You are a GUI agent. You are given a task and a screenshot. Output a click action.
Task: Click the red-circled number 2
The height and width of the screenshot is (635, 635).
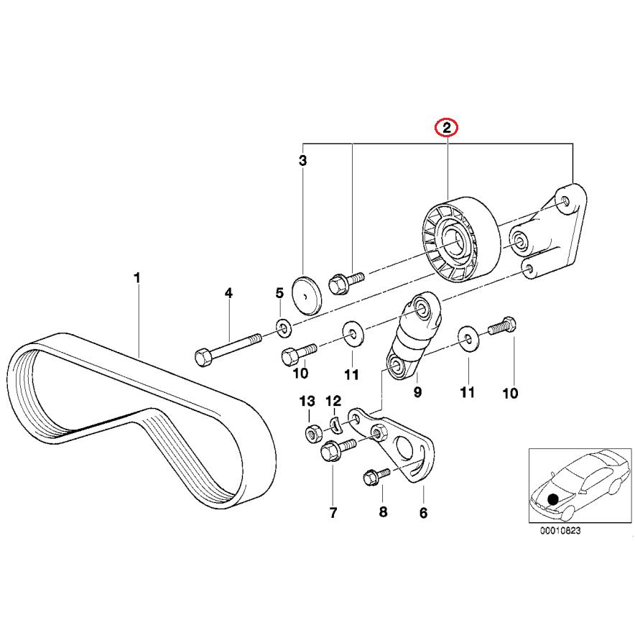coord(447,129)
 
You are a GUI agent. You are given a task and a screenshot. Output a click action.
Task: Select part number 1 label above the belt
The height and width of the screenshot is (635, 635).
coord(137,277)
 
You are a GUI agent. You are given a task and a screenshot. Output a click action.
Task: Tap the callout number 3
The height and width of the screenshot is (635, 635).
coord(302,161)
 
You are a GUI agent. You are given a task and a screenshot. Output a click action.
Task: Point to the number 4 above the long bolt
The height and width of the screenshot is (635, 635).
coord(228,293)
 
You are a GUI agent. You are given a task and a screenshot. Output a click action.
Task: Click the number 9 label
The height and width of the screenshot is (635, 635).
coord(417,392)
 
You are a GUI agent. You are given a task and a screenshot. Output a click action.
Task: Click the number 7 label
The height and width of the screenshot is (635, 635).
coord(333,513)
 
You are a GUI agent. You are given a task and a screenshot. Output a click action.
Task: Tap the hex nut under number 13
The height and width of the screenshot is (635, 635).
coord(312,434)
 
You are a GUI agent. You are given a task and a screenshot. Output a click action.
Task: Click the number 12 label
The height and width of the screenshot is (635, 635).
coord(333,401)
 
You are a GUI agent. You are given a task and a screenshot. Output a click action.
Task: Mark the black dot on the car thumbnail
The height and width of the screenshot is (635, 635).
coord(552,499)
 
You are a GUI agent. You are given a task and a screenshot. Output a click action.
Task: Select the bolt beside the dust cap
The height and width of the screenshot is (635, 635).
coord(343,279)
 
